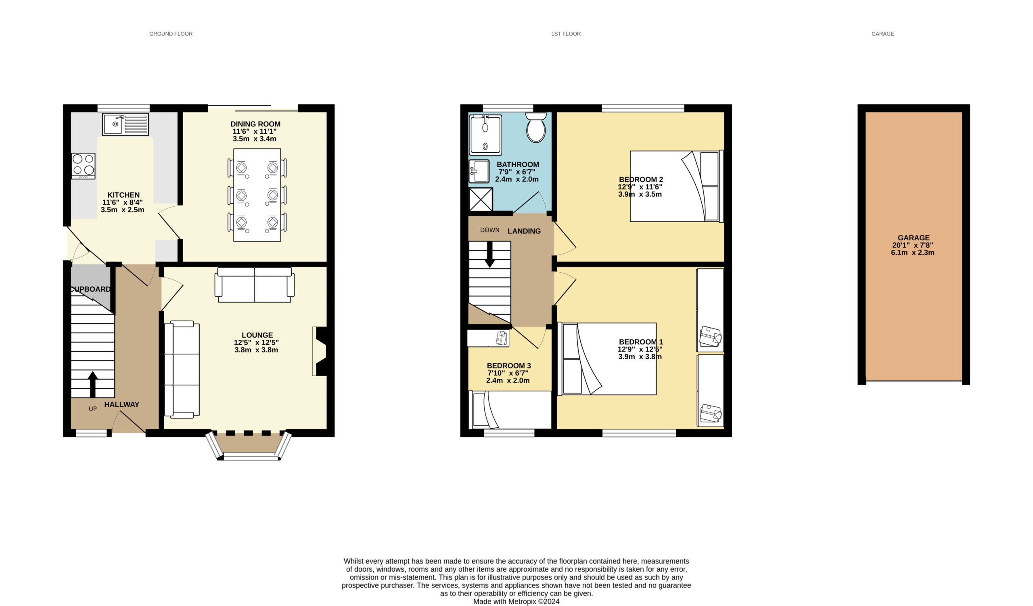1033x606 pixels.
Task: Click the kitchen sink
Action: pyautogui.click(x=125, y=124)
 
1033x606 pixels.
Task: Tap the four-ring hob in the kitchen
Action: pyautogui.click(x=83, y=166)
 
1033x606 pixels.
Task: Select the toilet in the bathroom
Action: pyautogui.click(x=536, y=128)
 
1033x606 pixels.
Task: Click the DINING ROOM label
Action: pyautogui.click(x=255, y=124)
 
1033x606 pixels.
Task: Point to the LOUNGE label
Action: pyautogui.click(x=257, y=335)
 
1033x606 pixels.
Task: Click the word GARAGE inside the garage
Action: pyautogui.click(x=914, y=238)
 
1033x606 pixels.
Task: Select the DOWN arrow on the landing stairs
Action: pyautogui.click(x=489, y=255)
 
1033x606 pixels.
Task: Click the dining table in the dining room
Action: pyautogui.click(x=257, y=195)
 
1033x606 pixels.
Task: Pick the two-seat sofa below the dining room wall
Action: pyautogui.click(x=255, y=285)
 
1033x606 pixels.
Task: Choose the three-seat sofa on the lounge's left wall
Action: pyautogui.click(x=182, y=370)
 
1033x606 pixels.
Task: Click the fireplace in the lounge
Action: pyautogui.click(x=320, y=351)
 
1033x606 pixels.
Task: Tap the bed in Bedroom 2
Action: pyautogui.click(x=677, y=186)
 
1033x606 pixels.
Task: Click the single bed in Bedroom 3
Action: pyautogui.click(x=510, y=410)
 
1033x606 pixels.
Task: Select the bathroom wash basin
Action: pyautogui.click(x=479, y=171)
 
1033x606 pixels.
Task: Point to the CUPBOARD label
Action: pyautogui.click(x=91, y=289)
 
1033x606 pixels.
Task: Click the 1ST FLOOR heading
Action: pyautogui.click(x=566, y=34)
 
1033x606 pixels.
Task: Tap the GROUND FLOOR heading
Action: pyautogui.click(x=171, y=34)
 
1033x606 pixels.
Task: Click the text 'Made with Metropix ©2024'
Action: pyautogui.click(x=516, y=602)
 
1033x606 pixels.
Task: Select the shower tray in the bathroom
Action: pyautogui.click(x=485, y=135)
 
